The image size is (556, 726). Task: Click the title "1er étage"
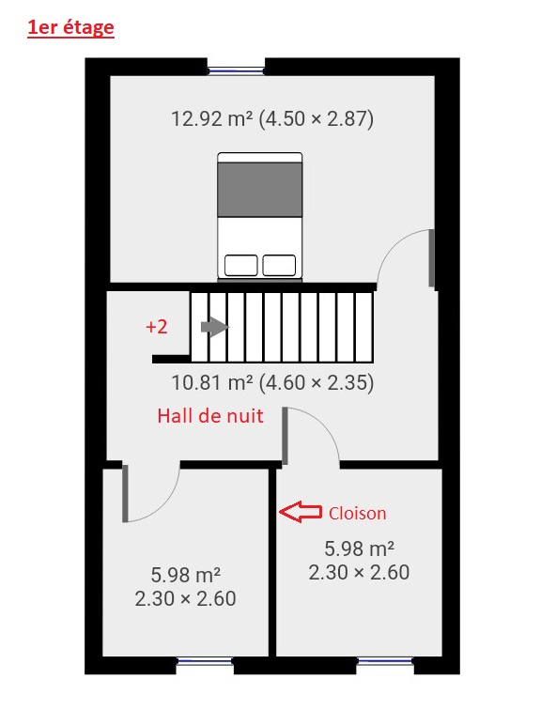[x=70, y=28]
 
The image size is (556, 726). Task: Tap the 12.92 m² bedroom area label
[x=272, y=118]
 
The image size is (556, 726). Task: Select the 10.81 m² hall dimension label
[x=272, y=382]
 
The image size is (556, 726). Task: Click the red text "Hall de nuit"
[x=210, y=416]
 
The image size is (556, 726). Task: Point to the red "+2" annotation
[x=157, y=327]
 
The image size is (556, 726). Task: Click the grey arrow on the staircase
[x=215, y=327]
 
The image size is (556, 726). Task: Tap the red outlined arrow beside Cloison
[x=301, y=512]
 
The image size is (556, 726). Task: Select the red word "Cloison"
[x=358, y=513]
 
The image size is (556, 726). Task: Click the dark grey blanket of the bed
[x=260, y=190]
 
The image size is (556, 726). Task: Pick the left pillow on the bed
[x=241, y=265]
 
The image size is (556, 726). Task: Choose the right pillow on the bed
[x=279, y=265]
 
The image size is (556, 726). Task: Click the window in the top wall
[x=236, y=70]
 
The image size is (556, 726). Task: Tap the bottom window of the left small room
[x=205, y=662]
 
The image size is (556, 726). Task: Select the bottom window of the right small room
[x=385, y=662]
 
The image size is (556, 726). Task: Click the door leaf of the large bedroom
[x=431, y=258]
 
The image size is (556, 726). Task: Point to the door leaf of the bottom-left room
[x=125, y=494]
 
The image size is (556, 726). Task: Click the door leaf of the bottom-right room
[x=286, y=436]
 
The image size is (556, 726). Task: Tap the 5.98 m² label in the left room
[x=186, y=575]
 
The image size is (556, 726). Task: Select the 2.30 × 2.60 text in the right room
[x=360, y=572]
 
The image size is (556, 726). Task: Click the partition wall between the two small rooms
[x=272, y=562]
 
